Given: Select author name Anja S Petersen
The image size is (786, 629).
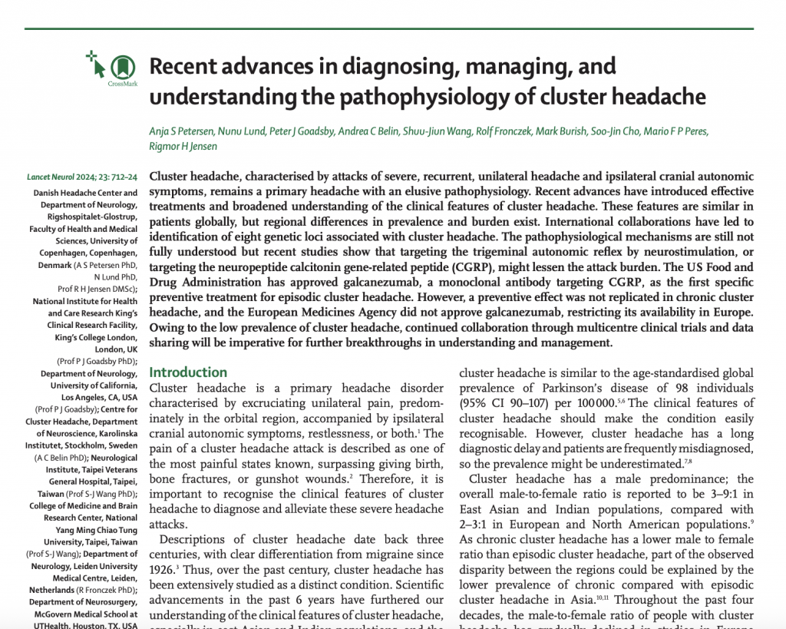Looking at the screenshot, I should [x=184, y=131].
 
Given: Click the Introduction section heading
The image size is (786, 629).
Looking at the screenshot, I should [x=188, y=372].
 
